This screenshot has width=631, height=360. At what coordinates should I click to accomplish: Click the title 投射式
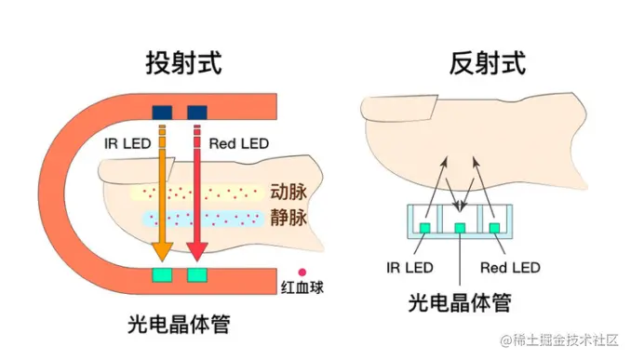coord(184,63)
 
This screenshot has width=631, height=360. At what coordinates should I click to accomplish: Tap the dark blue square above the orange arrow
coord(162,113)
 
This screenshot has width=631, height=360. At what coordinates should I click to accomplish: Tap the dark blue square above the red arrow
coord(196,113)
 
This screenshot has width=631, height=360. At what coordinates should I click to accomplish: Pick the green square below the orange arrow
coord(162,275)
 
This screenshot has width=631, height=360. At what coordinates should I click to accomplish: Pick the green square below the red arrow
coord(196,275)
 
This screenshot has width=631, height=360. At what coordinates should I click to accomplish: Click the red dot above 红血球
coord(301,273)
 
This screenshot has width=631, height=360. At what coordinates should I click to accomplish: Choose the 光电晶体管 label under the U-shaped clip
coord(179,325)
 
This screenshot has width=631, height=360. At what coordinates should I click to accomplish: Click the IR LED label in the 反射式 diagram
coord(409,268)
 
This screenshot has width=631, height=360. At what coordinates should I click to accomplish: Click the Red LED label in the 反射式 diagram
coord(510,268)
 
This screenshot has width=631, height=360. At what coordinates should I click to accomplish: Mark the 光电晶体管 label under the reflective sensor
coord(460,303)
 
